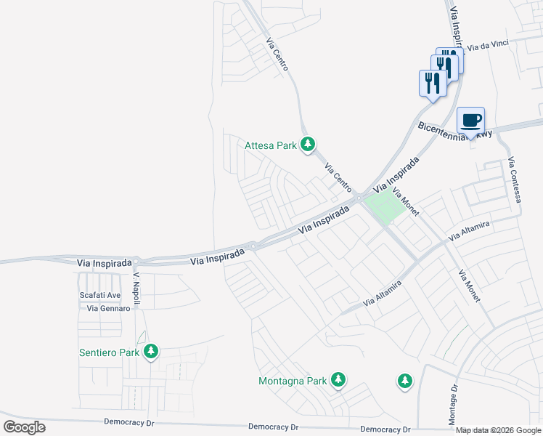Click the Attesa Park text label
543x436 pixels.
pos(271,145)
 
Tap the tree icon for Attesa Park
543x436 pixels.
pos(308,145)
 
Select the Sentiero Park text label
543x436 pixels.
pos(109,353)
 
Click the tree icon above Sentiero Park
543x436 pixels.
pos(151,352)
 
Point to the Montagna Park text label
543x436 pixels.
pos(293,381)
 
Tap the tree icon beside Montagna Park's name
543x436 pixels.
pos(338,379)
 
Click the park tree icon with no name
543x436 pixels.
pos(404,380)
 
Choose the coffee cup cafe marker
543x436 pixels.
pos(470,120)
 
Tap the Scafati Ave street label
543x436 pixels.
pos(99,295)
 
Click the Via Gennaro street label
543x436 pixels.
pos(108,309)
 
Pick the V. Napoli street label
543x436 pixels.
pos(136,290)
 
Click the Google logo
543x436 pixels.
pos(24,427)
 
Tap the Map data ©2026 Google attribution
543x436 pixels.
pos(499,430)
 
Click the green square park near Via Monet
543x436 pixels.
pos(383,206)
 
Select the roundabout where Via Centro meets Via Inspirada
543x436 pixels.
pos(359,198)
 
